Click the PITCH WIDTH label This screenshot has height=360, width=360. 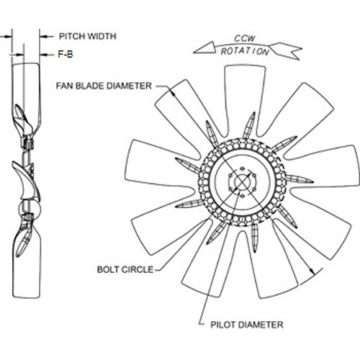(x=88, y=36)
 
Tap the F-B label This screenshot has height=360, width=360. (x=66, y=54)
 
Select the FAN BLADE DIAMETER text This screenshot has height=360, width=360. (x=104, y=86)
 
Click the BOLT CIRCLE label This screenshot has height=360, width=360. (x=125, y=269)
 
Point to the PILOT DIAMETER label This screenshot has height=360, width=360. (x=247, y=325)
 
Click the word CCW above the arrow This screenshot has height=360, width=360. (x=245, y=38)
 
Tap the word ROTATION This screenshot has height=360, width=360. (x=245, y=51)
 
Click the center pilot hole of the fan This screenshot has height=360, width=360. (x=242, y=182)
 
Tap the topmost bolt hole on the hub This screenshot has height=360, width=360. (x=243, y=168)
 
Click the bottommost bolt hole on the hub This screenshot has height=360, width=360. (x=242, y=197)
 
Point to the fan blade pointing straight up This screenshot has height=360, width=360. (x=244, y=101)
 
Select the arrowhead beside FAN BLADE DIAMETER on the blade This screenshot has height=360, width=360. (x=172, y=92)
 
